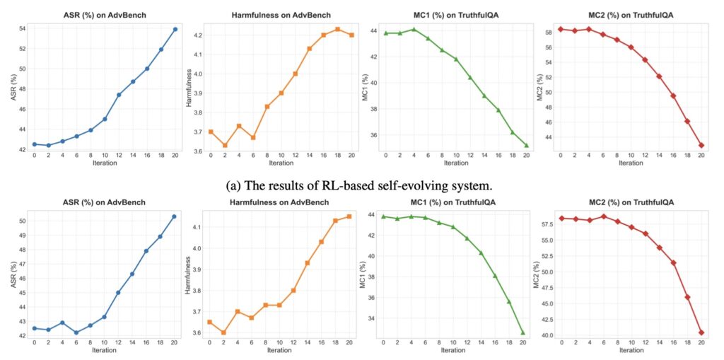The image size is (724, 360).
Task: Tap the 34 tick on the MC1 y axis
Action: (x=373, y=318)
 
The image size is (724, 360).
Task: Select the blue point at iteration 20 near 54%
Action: (x=175, y=29)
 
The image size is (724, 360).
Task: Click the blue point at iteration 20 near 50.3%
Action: (x=175, y=216)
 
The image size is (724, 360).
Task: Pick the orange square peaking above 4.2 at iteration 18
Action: (x=337, y=29)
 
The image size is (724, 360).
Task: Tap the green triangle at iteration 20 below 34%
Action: (x=523, y=332)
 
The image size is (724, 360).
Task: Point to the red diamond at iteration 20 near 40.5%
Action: (x=701, y=332)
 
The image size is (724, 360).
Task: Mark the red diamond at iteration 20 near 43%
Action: (x=701, y=145)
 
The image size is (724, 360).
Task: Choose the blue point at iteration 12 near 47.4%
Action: (x=119, y=94)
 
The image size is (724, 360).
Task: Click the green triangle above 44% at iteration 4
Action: (x=413, y=29)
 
